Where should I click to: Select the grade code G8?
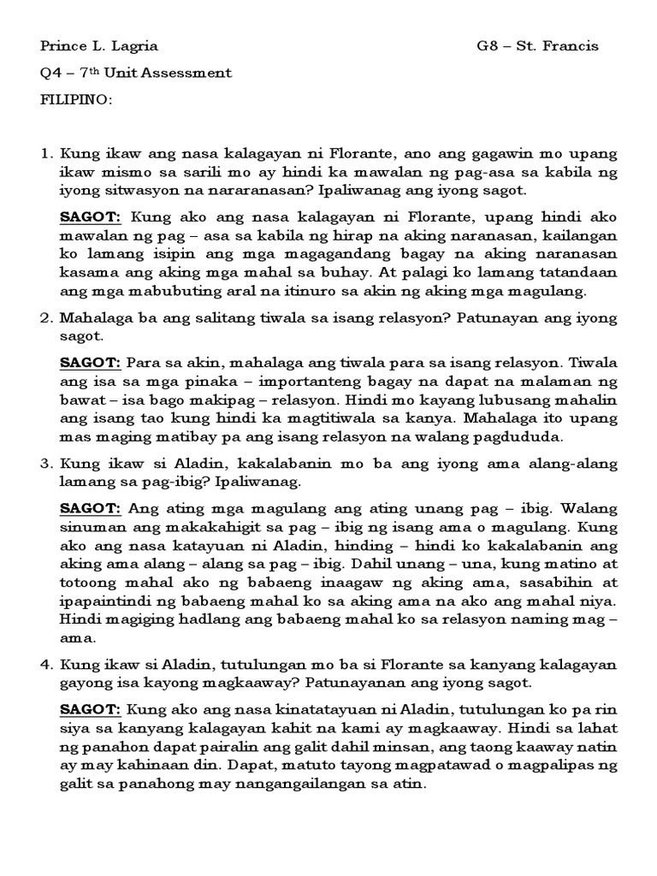pos(488,46)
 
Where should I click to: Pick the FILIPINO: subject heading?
pos(77,99)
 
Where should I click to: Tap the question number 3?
pos(46,463)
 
